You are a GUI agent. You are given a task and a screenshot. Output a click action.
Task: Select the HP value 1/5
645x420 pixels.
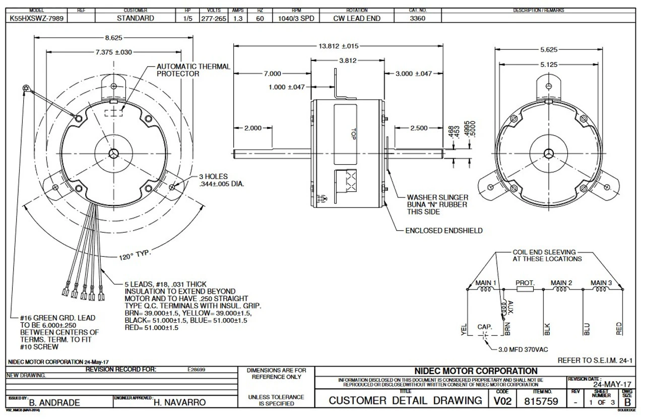[x=183, y=18]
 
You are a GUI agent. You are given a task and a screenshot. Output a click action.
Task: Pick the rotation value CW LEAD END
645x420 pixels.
[x=357, y=18]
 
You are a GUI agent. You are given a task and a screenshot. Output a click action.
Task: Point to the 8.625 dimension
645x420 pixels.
[x=116, y=37]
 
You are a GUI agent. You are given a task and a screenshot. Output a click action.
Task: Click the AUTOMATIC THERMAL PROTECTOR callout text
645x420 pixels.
[x=193, y=70]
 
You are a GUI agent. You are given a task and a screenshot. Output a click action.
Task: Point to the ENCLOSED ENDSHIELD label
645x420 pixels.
[x=444, y=231]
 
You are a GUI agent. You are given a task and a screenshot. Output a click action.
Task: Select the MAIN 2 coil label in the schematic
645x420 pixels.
[x=561, y=283]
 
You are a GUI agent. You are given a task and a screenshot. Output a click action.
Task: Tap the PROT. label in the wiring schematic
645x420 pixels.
[x=525, y=283]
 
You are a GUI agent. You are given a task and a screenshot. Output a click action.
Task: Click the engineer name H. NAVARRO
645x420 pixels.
[x=180, y=402]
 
